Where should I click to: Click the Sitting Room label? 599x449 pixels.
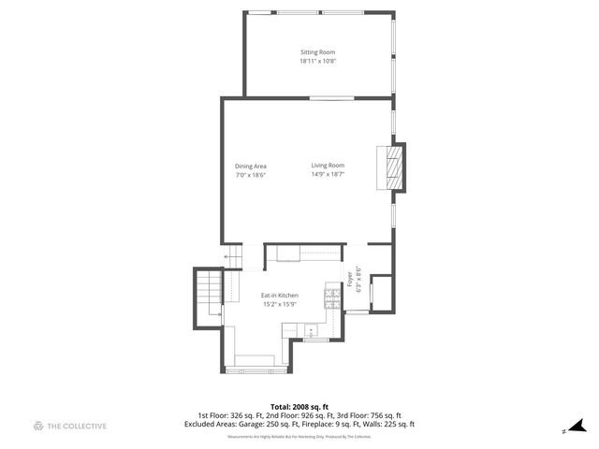pyautogui.click(x=317, y=52)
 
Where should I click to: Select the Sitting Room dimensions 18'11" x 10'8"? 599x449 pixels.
pyautogui.click(x=317, y=62)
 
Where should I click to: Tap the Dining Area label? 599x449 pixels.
pyautogui.click(x=251, y=167)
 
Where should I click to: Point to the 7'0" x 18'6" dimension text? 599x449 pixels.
pyautogui.click(x=251, y=175)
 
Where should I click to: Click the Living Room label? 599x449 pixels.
pyautogui.click(x=328, y=166)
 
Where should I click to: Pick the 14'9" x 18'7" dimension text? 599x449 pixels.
pyautogui.click(x=328, y=174)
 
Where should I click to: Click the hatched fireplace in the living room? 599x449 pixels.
pyautogui.click(x=397, y=167)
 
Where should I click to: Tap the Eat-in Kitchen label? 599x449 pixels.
pyautogui.click(x=279, y=296)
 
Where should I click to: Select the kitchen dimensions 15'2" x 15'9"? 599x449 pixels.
pyautogui.click(x=279, y=304)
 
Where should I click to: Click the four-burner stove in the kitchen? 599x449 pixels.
pyautogui.click(x=331, y=298)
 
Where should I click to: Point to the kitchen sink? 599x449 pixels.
pyautogui.click(x=310, y=329)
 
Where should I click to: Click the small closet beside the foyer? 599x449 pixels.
pyautogui.click(x=382, y=292)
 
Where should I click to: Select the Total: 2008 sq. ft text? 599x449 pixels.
pyautogui.click(x=299, y=406)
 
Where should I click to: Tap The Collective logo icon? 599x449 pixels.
pyautogui.click(x=38, y=426)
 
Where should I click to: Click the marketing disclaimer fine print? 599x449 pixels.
pyautogui.click(x=299, y=436)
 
